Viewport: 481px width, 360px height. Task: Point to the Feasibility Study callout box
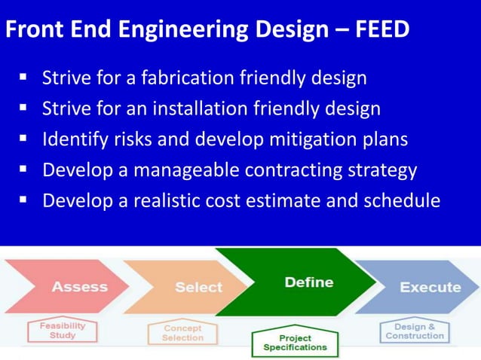coord(63,331)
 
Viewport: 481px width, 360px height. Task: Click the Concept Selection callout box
coord(182,333)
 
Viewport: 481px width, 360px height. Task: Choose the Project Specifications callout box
coord(295,343)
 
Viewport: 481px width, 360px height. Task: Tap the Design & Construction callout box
coord(415,331)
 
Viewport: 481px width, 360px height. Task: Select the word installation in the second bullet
coord(197,108)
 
